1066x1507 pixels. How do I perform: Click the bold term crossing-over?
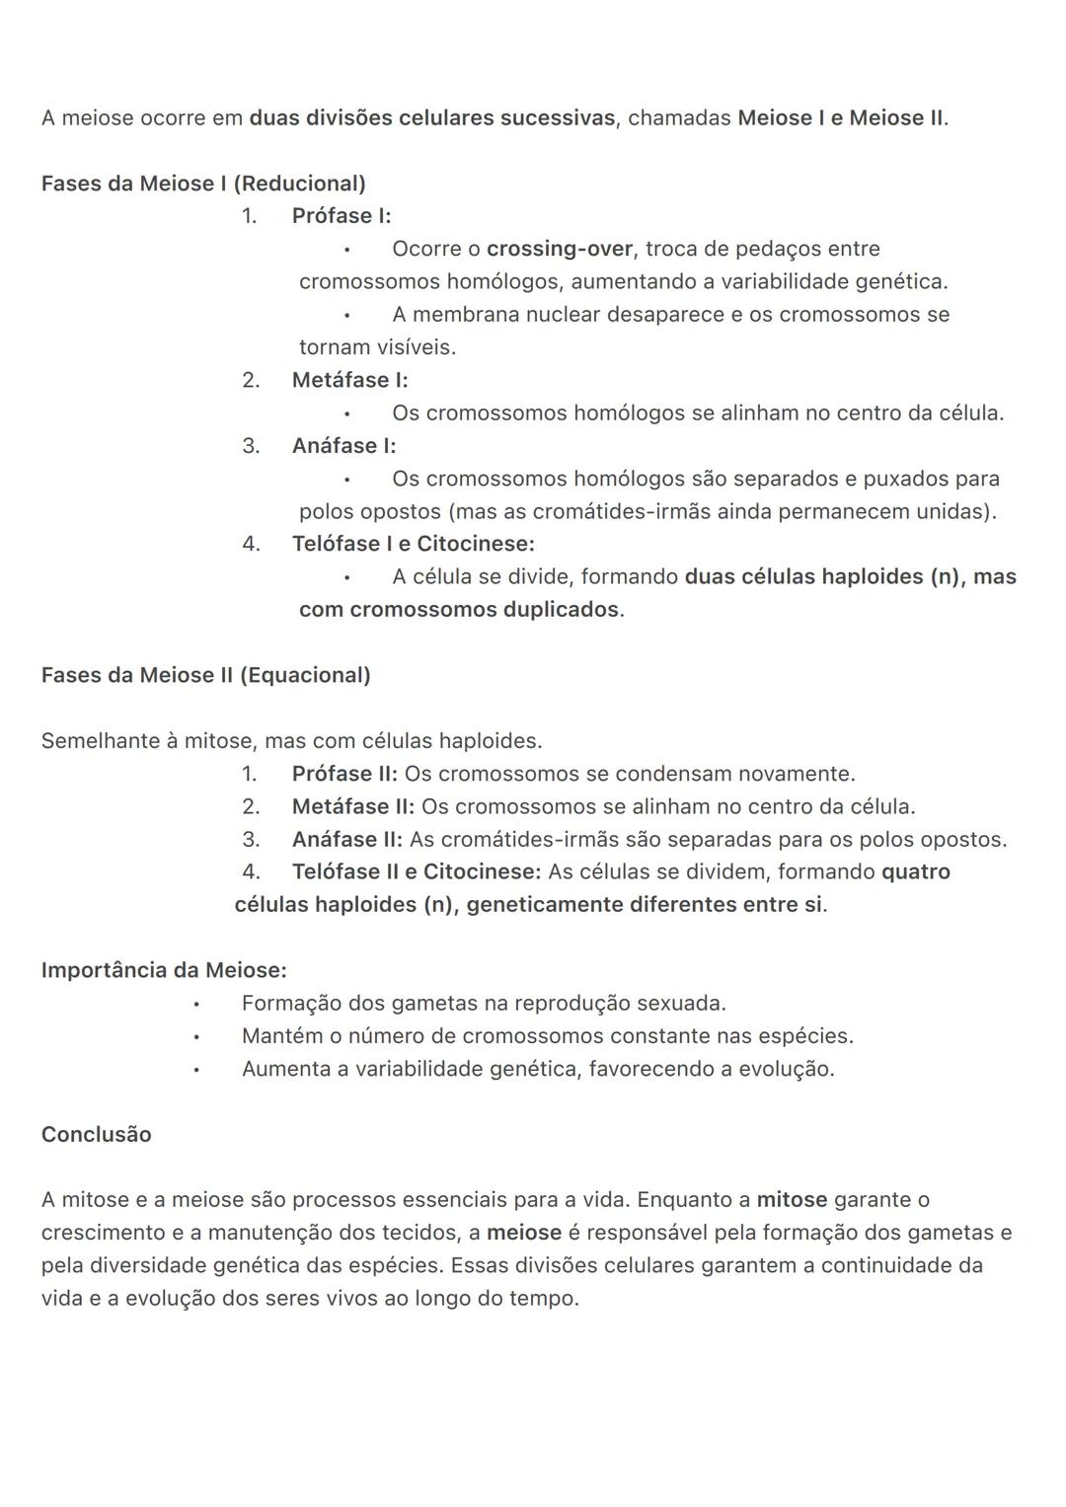(559, 249)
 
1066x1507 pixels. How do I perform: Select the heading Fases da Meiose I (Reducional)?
(203, 184)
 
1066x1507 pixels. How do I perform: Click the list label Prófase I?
(342, 216)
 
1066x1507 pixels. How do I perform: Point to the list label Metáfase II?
(352, 806)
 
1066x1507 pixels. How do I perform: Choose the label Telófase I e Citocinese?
(413, 544)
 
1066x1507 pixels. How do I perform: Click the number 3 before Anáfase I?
(251, 446)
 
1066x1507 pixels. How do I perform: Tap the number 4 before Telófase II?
(251, 872)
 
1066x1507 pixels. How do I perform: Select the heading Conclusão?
(97, 1135)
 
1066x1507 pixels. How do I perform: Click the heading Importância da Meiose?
(164, 970)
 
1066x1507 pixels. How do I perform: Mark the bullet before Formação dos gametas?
(197, 1005)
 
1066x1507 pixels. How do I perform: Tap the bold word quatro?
(915, 872)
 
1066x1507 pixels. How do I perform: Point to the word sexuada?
(680, 1004)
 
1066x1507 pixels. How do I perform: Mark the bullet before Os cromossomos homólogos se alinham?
(347, 414)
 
